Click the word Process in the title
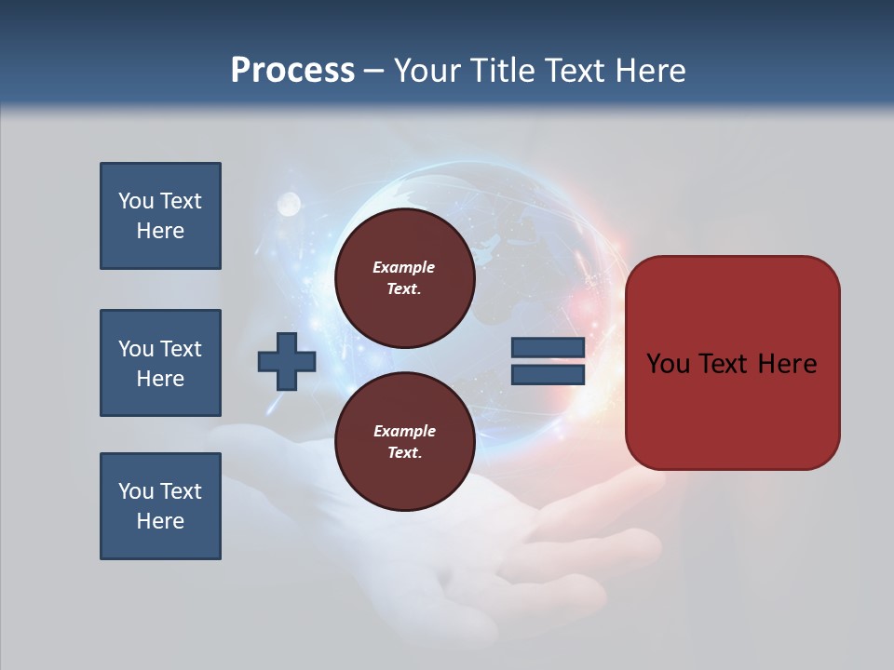pyautogui.click(x=292, y=70)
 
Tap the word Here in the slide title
pyautogui.click(x=648, y=70)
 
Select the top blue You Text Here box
pyautogui.click(x=160, y=216)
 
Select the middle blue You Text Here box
pyautogui.click(x=160, y=363)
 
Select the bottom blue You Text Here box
pyautogui.click(x=160, y=506)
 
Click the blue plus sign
pyautogui.click(x=287, y=361)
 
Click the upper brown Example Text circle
pyautogui.click(x=404, y=278)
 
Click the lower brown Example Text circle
pyautogui.click(x=404, y=442)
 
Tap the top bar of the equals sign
pyautogui.click(x=548, y=348)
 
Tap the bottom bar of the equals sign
pyautogui.click(x=548, y=374)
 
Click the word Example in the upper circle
pyautogui.click(x=403, y=267)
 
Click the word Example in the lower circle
pyautogui.click(x=404, y=431)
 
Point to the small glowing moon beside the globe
pyautogui.click(x=289, y=202)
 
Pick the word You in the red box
pyautogui.click(x=668, y=364)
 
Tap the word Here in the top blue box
pyautogui.click(x=160, y=231)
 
